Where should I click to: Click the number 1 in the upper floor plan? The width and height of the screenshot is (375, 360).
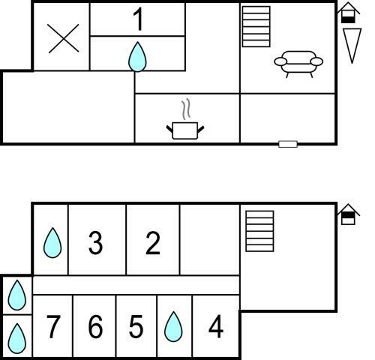[138, 19]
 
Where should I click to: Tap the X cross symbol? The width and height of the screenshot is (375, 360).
[64, 38]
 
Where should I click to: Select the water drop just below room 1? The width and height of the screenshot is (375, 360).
[137, 57]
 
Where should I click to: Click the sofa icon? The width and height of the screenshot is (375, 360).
[298, 64]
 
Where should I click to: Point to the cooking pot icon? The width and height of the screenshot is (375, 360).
[185, 130]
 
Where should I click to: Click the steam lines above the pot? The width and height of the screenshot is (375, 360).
[186, 109]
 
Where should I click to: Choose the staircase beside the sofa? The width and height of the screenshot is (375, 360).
[256, 26]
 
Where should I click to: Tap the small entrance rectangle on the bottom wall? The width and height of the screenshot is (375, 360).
[288, 144]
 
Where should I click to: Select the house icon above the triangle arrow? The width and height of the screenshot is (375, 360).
[348, 13]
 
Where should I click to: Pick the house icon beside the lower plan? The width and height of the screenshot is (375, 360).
[348, 214]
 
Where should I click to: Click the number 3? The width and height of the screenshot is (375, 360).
[95, 243]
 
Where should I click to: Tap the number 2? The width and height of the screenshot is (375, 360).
[153, 243]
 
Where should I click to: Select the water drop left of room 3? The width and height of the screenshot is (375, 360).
[52, 242]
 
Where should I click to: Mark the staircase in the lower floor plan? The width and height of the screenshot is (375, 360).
[259, 231]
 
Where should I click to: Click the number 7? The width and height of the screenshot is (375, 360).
[53, 326]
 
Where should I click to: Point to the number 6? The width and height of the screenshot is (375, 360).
[95, 326]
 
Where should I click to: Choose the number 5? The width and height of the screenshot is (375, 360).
[136, 326]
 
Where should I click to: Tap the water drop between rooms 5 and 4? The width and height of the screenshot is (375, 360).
[173, 326]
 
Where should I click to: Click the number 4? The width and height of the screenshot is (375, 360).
[216, 326]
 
